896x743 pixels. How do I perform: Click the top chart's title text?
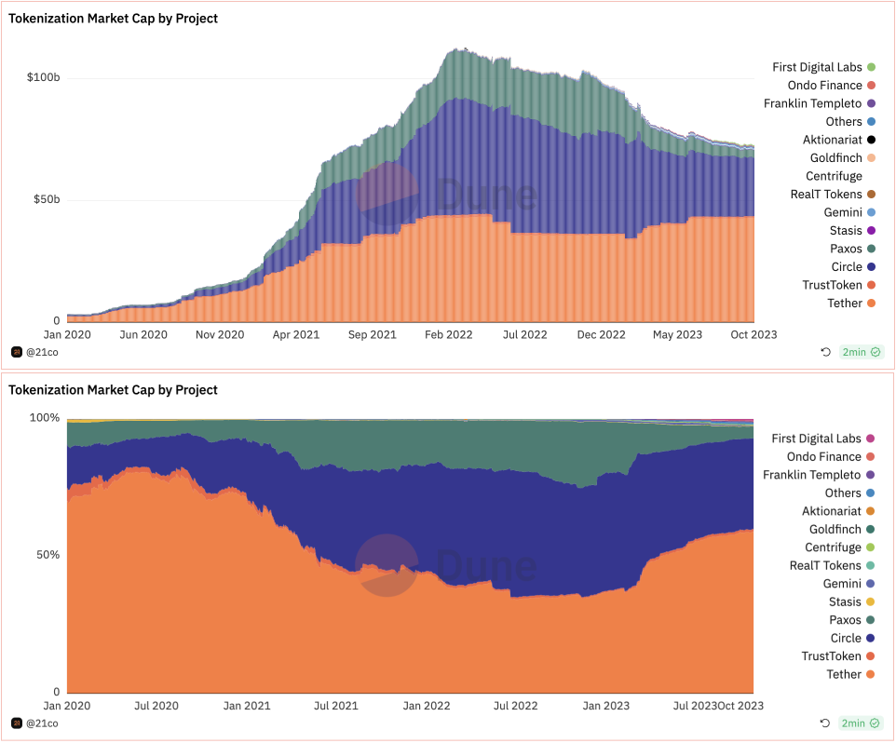(x=113, y=19)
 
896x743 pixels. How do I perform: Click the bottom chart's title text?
(x=113, y=390)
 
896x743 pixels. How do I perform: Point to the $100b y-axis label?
(x=43, y=77)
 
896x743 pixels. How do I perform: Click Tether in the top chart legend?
(x=845, y=304)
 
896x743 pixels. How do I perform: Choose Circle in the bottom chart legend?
(x=846, y=638)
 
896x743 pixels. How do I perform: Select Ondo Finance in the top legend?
(x=824, y=86)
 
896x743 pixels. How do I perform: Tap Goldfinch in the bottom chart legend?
(x=835, y=529)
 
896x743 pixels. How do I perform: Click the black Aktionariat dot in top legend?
(x=871, y=140)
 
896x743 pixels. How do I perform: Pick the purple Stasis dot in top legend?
(x=871, y=231)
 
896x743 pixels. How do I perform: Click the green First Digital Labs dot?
(x=871, y=67)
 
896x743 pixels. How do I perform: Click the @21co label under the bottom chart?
(x=42, y=723)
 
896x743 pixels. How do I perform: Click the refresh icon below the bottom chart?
(x=825, y=723)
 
